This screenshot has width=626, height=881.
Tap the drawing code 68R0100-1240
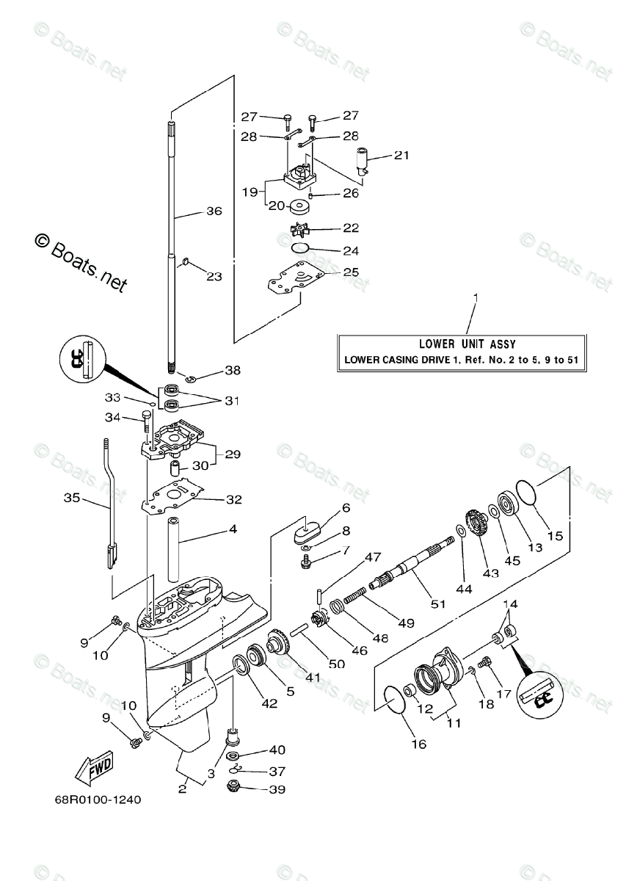pyautogui.click(x=98, y=800)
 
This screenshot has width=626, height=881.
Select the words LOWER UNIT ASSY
pyautogui.click(x=467, y=344)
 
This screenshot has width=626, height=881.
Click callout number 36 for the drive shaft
pyautogui.click(x=214, y=211)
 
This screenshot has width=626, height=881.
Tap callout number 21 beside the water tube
pyautogui.click(x=401, y=156)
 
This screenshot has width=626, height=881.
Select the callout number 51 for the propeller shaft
pyautogui.click(x=438, y=603)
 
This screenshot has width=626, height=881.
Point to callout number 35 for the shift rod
pyautogui.click(x=72, y=498)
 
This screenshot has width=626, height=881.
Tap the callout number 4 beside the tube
pyautogui.click(x=233, y=529)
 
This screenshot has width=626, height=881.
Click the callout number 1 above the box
pyautogui.click(x=476, y=298)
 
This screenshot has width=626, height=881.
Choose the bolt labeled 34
pyautogui.click(x=145, y=424)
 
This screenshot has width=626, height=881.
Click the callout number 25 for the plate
pyautogui.click(x=351, y=272)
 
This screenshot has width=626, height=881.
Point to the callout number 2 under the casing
pyautogui.click(x=182, y=789)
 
